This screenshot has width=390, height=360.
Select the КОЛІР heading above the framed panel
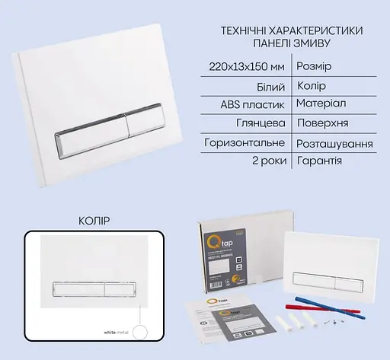click(94, 221)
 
